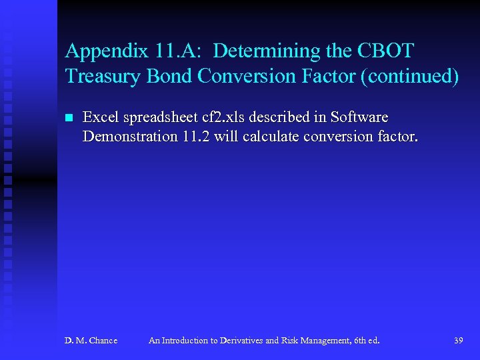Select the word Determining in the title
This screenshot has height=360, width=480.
(267, 51)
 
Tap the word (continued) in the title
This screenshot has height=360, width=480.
(409, 77)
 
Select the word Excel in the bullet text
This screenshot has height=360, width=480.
(100, 117)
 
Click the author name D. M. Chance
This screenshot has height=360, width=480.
(91, 341)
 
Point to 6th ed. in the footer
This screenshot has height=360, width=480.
(365, 341)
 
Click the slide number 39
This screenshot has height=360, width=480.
(458, 341)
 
